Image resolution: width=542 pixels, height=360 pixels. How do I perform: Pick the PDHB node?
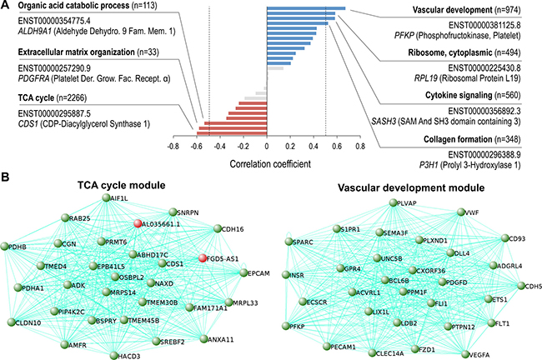(x=7, y=247)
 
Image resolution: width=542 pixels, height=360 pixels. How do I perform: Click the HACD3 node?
(x=112, y=354)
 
